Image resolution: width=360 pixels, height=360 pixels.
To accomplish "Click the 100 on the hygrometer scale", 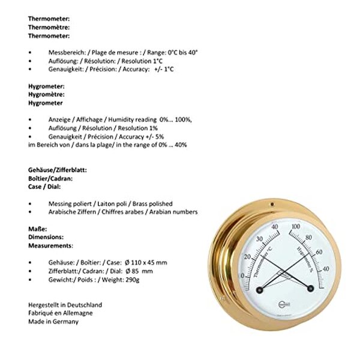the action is click(x=295, y=227).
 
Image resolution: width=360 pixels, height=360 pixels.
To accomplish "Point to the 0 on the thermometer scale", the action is click(x=242, y=276).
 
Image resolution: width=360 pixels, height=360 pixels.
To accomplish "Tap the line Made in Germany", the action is click(x=53, y=321).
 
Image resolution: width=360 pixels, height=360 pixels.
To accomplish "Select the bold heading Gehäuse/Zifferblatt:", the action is click(x=58, y=170).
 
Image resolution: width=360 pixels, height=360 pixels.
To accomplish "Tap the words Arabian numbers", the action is click(x=175, y=212).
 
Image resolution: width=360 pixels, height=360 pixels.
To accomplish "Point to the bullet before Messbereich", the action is click(x=31, y=53).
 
